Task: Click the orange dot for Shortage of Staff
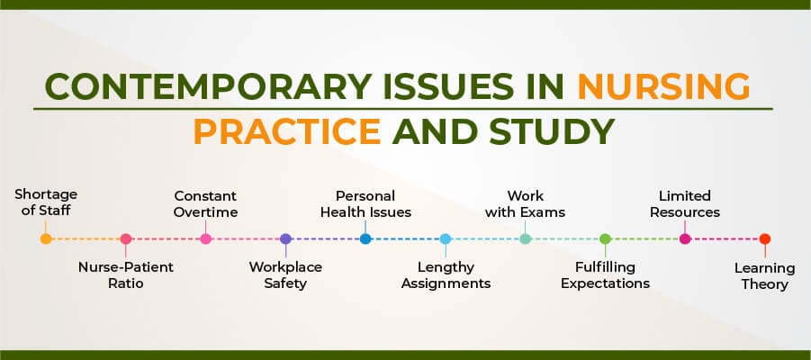tap(46, 239)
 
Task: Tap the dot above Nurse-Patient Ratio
tap(126, 239)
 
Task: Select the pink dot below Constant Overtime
tap(206, 239)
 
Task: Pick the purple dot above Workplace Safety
tap(285, 239)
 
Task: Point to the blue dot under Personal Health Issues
tap(365, 239)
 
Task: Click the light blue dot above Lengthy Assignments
tap(446, 239)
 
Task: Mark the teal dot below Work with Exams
tap(526, 239)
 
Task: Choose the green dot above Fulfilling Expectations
tap(605, 239)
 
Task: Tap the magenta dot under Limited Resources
tap(685, 239)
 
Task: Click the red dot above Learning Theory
tap(765, 239)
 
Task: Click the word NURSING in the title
tap(663, 86)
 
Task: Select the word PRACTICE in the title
tap(287, 131)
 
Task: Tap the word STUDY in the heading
tap(552, 131)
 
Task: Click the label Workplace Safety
tap(285, 275)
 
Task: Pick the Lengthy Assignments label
tap(446, 275)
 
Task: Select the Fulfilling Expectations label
tap(605, 275)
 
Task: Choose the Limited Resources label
tap(685, 204)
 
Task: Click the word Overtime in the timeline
tap(206, 212)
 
